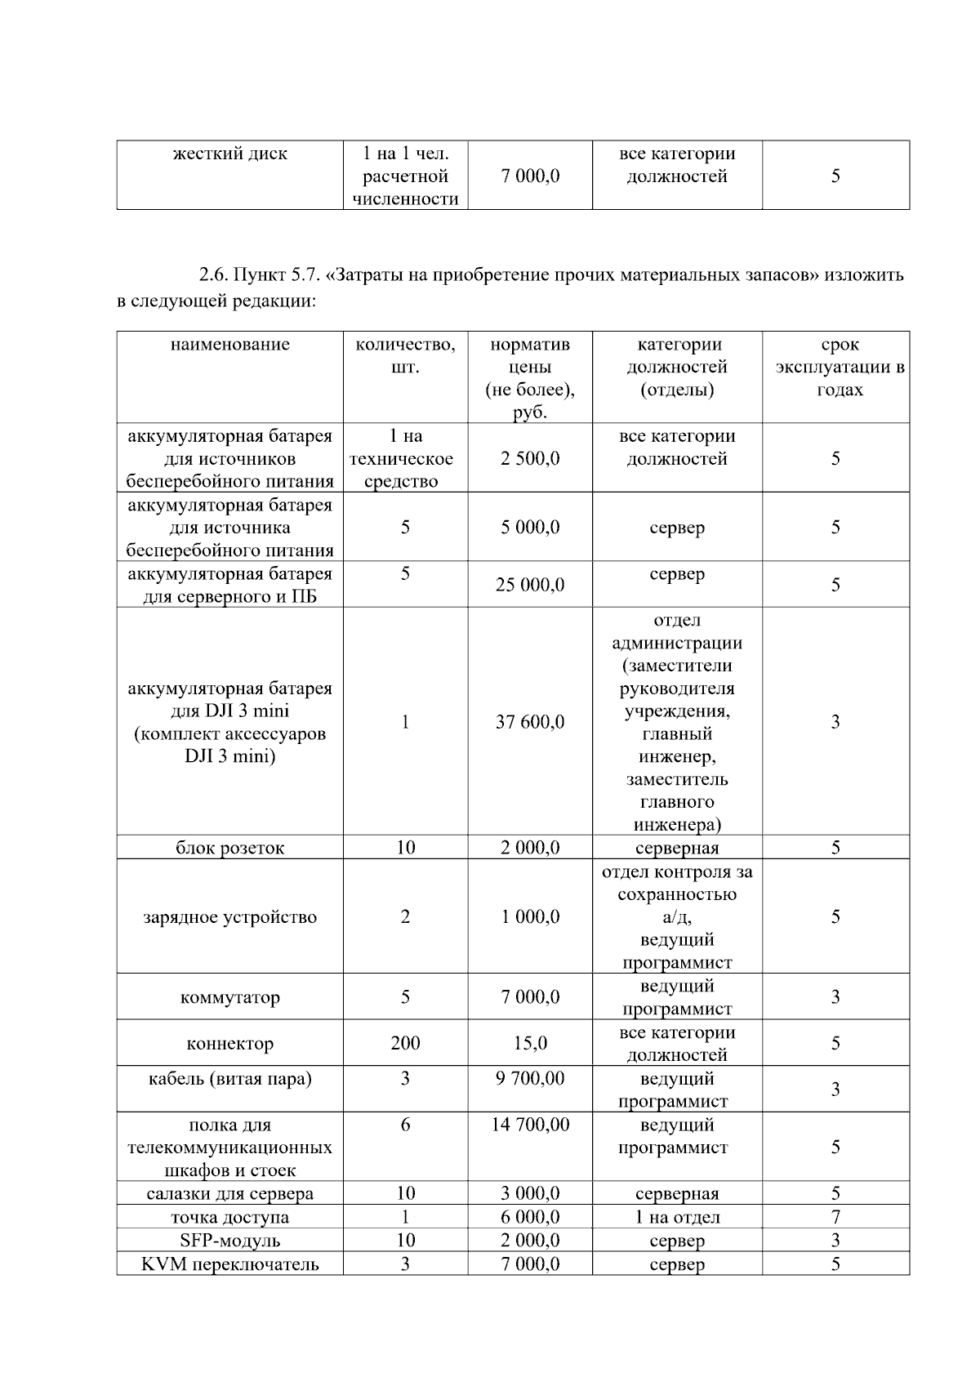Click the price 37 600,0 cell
pyautogui.click(x=530, y=722)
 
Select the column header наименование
pyautogui.click(x=229, y=345)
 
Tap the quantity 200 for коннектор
pyautogui.click(x=405, y=1043)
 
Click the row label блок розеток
pyautogui.click(x=229, y=848)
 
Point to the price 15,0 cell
pyautogui.click(x=530, y=1043)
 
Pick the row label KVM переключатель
pyautogui.click(x=229, y=1264)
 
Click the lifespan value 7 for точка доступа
pyautogui.click(x=835, y=1217)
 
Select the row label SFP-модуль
pyautogui.click(x=229, y=1241)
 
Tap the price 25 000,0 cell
pyautogui.click(x=530, y=585)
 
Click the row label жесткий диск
pyautogui.click(x=229, y=154)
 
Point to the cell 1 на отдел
pyautogui.click(x=677, y=1217)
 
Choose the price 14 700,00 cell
pyautogui.click(x=530, y=1125)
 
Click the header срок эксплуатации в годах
pyautogui.click(x=840, y=367)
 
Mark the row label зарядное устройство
pyautogui.click(x=229, y=917)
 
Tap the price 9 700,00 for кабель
pyautogui.click(x=530, y=1078)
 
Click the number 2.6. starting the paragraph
pyautogui.click(x=213, y=275)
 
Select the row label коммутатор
pyautogui.click(x=229, y=997)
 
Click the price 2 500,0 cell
pyautogui.click(x=530, y=458)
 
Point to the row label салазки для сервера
pyautogui.click(x=229, y=1193)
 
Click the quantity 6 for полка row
pyautogui.click(x=405, y=1125)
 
